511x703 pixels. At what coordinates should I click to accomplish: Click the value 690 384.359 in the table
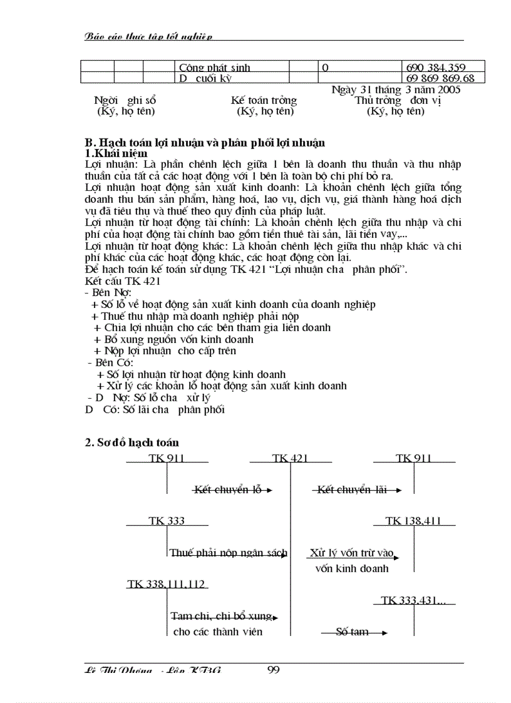(436, 66)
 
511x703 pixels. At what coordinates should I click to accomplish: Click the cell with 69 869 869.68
(440, 78)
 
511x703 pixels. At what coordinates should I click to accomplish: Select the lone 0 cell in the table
(325, 66)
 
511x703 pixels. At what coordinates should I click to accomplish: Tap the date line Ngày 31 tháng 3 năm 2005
(396, 90)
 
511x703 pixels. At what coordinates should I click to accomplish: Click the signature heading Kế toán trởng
(264, 100)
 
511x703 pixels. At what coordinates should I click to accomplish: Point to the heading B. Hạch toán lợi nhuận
(205, 143)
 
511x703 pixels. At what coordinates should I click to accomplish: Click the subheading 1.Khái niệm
(116, 153)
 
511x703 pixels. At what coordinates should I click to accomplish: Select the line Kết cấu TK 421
(123, 282)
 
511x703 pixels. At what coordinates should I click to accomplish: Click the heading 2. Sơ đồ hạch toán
(132, 443)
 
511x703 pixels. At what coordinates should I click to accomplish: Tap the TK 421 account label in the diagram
(290, 458)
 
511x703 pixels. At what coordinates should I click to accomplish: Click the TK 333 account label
(166, 521)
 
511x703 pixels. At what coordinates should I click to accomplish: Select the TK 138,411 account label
(413, 521)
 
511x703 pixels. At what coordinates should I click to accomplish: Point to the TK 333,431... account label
(413, 600)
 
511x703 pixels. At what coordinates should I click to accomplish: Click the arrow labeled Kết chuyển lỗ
(231, 490)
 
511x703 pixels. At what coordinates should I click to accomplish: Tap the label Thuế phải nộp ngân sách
(229, 553)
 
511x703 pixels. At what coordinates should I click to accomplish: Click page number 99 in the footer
(273, 670)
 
